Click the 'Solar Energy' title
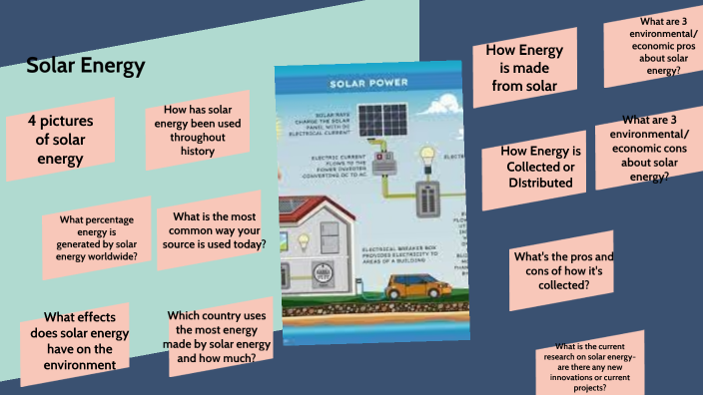point(86,67)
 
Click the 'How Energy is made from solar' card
point(529,68)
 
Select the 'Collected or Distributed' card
point(541,167)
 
